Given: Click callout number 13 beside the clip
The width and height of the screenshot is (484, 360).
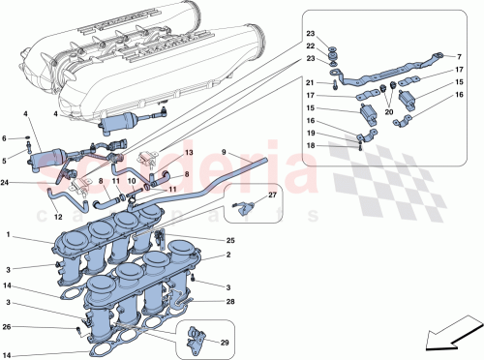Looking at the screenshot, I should click(x=189, y=154).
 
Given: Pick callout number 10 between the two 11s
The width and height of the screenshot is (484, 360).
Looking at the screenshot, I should click(x=132, y=181).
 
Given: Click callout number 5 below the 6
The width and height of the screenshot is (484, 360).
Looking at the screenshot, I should click(x=8, y=159).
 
